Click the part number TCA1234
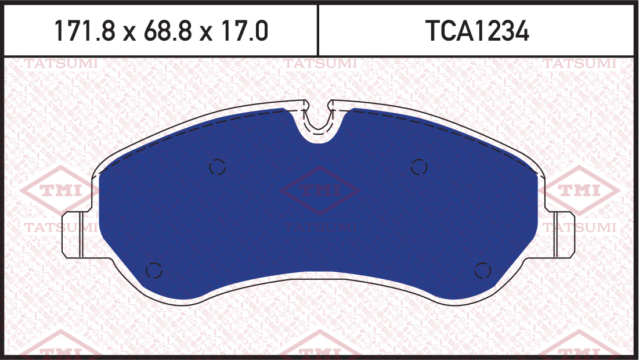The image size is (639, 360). (x=477, y=31)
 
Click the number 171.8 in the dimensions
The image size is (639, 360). (x=85, y=31)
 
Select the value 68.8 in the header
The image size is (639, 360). (x=168, y=31)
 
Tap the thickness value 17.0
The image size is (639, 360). (x=244, y=31)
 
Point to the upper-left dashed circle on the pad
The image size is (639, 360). (x=218, y=167)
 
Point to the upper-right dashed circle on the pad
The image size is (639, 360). (x=419, y=167)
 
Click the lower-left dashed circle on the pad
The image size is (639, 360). (x=154, y=271)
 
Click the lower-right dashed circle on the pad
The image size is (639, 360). (x=482, y=271)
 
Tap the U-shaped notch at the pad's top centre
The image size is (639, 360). (x=318, y=123)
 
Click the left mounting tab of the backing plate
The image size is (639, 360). (x=73, y=235)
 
